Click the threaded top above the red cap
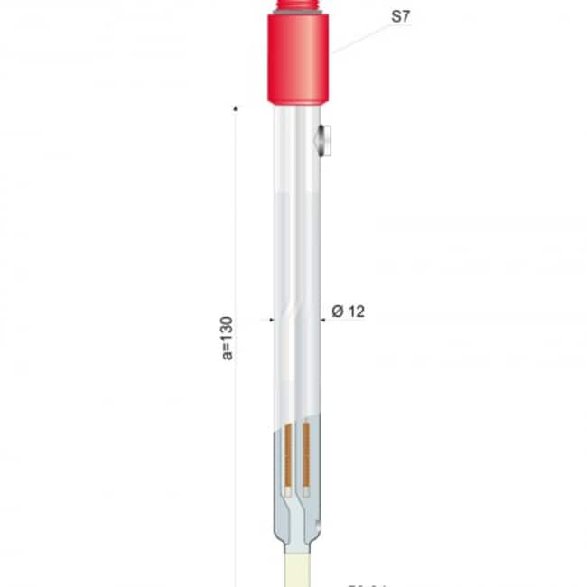(x=299, y=5)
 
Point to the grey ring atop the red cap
(x=299, y=14)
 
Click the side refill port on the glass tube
(x=322, y=140)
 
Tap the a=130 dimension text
(x=228, y=338)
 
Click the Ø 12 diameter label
(x=348, y=312)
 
